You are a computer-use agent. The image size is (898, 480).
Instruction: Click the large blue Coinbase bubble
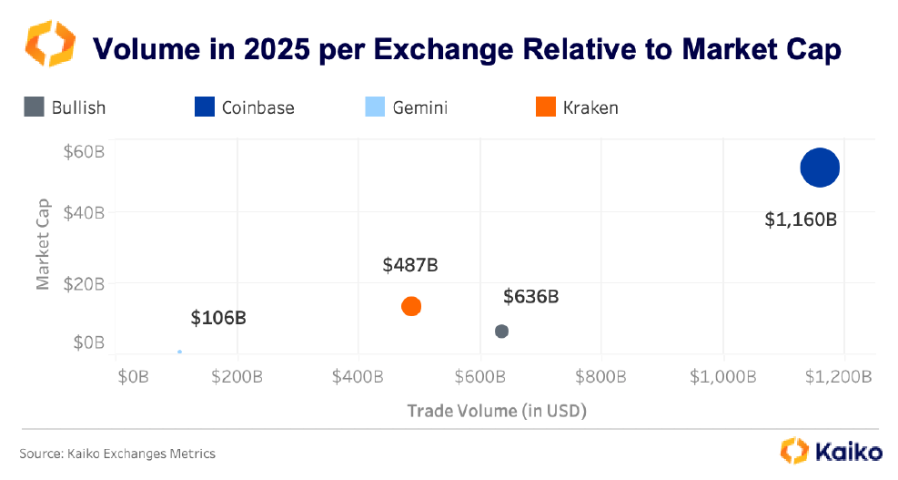(x=820, y=168)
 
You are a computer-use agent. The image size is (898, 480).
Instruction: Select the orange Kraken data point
(x=411, y=306)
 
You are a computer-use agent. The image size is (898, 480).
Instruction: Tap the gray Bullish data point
(x=501, y=331)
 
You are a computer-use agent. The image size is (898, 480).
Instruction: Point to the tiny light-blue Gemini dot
(x=179, y=352)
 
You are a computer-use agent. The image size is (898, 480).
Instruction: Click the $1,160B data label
(x=800, y=220)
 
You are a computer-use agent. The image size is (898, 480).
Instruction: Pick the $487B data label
(x=410, y=265)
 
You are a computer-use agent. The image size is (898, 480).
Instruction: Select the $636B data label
(x=530, y=296)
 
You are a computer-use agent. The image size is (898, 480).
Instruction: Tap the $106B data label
(x=218, y=318)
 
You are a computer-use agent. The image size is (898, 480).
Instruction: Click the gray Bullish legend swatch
(x=34, y=107)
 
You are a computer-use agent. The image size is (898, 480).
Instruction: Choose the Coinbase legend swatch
(x=204, y=107)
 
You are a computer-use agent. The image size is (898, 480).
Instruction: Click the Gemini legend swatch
(x=374, y=107)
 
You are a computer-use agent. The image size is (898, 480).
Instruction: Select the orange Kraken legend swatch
(x=546, y=107)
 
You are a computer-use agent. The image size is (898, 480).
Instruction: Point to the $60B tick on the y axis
(x=85, y=151)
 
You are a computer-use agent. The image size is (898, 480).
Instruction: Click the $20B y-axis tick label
(x=85, y=283)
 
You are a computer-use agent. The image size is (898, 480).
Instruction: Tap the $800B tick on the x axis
(x=602, y=376)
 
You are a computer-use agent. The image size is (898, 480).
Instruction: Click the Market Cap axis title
(x=43, y=239)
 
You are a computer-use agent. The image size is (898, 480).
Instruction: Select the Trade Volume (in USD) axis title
(x=496, y=411)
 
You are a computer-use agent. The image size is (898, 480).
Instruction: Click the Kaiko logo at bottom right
(x=831, y=451)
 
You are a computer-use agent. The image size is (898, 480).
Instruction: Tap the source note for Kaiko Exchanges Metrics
(x=117, y=453)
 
